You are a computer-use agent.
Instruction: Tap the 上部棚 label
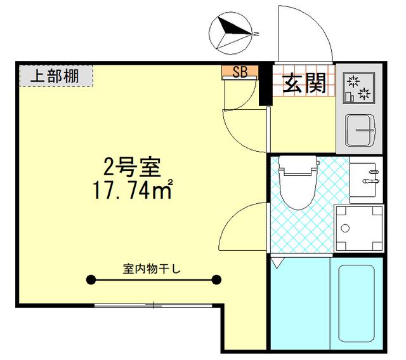pos(55,76)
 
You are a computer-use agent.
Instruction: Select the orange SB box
pos(239,72)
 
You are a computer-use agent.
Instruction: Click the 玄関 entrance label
pos(304,83)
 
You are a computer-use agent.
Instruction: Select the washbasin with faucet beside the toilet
pos(366,177)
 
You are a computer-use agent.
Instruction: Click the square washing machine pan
pos(358,227)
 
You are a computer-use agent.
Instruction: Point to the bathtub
pos(359,305)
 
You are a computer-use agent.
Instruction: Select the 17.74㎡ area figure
pos(131,190)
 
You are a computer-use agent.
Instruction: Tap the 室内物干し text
pos(152,269)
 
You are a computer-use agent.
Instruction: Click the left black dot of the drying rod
pos(91,279)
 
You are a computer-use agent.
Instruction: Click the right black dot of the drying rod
pos(216,279)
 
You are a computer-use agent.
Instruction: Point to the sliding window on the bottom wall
pos(153,305)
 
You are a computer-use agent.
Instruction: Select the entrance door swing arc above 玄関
pos(304,32)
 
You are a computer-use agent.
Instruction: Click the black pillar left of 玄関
pos(265,86)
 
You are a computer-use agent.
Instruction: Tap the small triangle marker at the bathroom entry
pos(276,261)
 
